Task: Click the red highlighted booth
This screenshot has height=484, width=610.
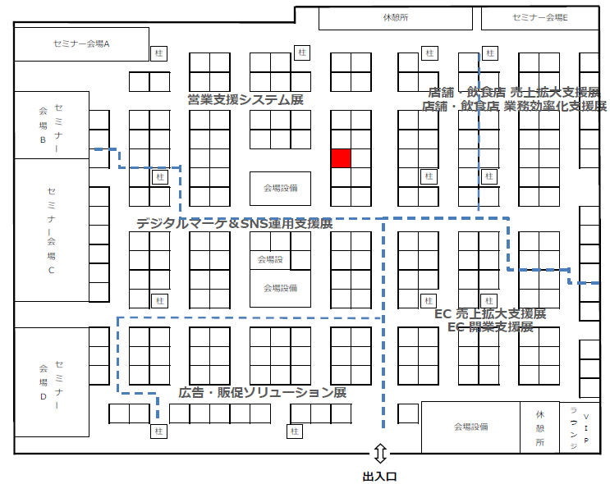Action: click(x=341, y=158)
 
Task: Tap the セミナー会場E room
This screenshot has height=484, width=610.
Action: click(x=539, y=17)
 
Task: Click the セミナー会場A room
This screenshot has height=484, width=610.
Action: click(x=81, y=43)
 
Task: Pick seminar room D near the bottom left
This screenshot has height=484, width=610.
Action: click(x=51, y=382)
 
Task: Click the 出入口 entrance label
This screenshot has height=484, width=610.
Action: click(x=380, y=475)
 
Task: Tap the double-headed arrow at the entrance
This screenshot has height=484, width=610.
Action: click(x=380, y=453)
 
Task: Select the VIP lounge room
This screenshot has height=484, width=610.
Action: click(x=580, y=427)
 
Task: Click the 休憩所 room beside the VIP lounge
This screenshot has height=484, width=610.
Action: click(x=540, y=427)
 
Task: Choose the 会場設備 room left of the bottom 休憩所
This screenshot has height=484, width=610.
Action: click(x=470, y=427)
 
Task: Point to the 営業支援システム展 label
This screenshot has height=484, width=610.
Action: click(x=245, y=100)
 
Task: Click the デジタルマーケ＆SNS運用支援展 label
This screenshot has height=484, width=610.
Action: click(x=234, y=223)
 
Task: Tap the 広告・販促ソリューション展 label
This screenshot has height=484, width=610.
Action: click(x=262, y=393)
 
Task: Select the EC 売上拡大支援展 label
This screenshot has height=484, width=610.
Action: click(x=490, y=314)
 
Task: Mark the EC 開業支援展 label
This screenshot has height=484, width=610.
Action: click(x=490, y=326)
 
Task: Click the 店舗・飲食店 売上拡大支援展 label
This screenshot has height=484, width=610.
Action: click(x=514, y=92)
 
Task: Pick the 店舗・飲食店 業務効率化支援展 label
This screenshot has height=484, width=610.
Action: click(x=514, y=106)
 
